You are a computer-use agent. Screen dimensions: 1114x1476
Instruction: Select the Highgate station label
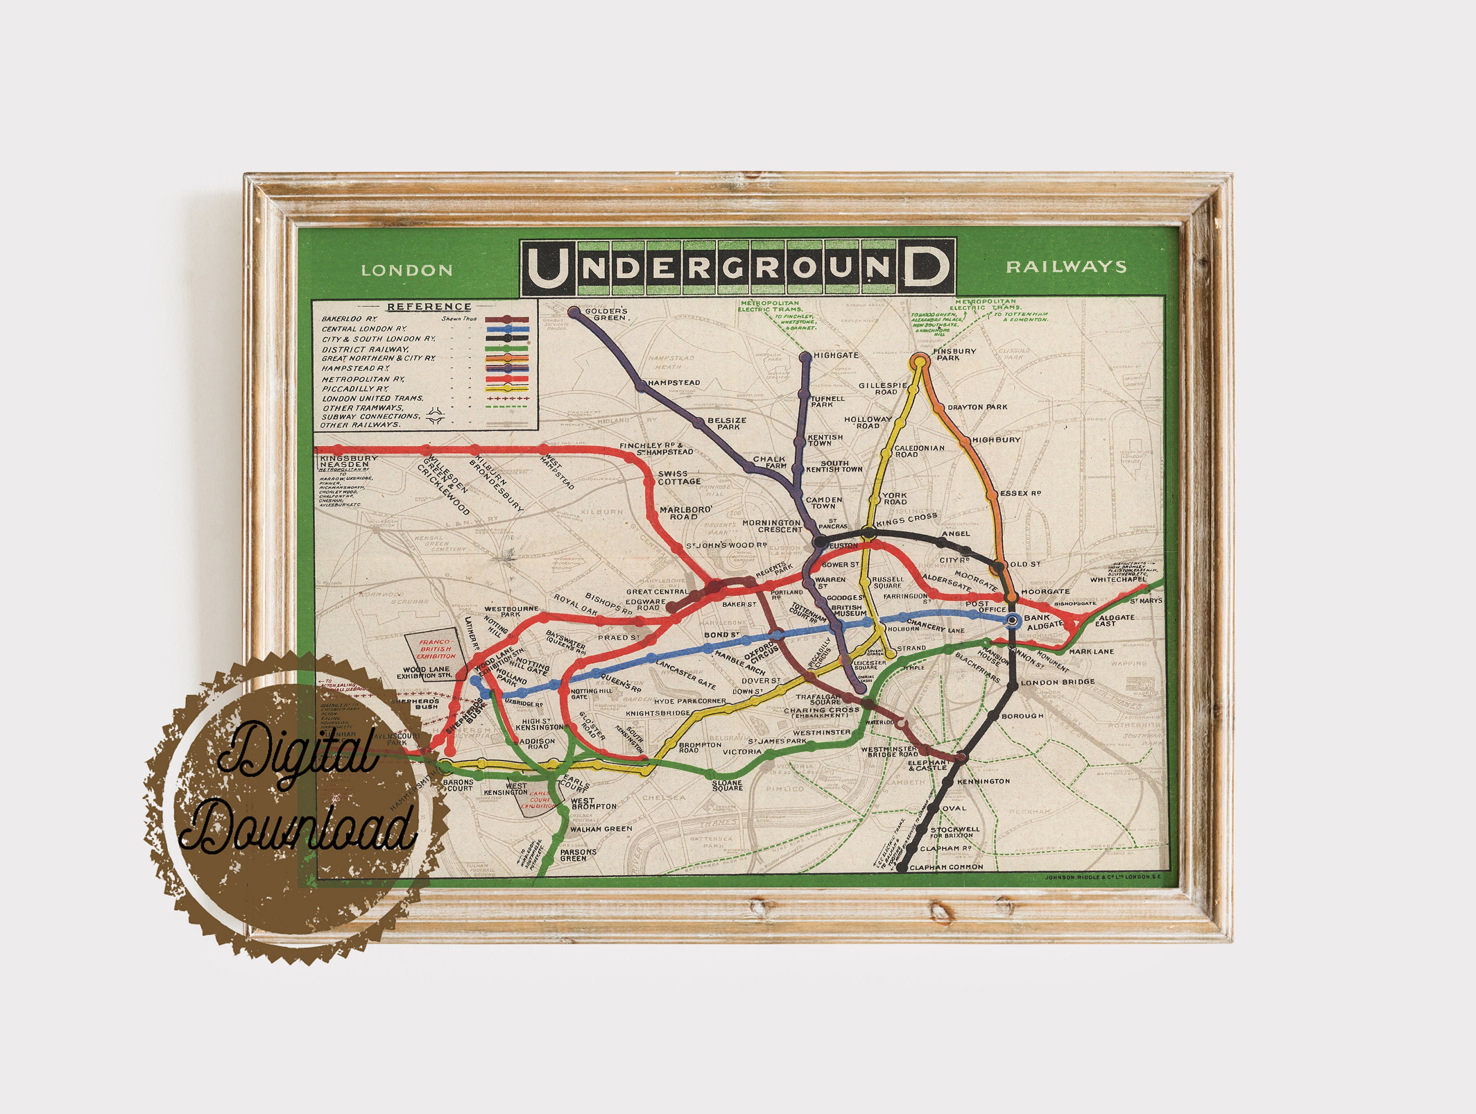[x=835, y=355]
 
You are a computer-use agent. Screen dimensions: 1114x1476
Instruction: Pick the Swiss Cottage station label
[x=679, y=477]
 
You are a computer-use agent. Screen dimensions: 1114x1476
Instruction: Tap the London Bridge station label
[x=1058, y=682]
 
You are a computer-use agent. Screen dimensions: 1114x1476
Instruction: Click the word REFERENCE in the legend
[x=429, y=307]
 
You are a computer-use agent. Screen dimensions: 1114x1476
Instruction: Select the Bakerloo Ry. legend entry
[x=349, y=319]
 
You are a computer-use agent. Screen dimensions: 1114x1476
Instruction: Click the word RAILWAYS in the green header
[x=1066, y=267]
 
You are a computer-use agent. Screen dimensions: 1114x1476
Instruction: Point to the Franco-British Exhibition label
[x=436, y=650]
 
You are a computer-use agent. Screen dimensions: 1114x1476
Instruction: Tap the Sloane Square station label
[x=727, y=786]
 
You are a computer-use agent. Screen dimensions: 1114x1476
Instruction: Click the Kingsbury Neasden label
[x=348, y=461]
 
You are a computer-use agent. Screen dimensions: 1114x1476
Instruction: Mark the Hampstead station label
[x=673, y=383]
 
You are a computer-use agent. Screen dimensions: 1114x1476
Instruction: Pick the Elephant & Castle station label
[x=927, y=765]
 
